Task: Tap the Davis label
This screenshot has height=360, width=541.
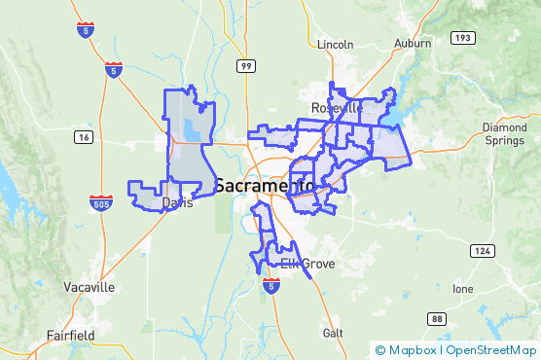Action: click(x=178, y=203)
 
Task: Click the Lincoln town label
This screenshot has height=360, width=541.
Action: click(x=337, y=44)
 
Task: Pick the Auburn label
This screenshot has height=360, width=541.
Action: click(x=413, y=44)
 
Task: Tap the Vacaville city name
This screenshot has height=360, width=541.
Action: click(x=89, y=288)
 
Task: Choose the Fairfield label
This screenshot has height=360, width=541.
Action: click(x=71, y=336)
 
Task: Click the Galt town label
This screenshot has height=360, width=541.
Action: click(x=334, y=332)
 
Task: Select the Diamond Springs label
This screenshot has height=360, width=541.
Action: click(x=505, y=134)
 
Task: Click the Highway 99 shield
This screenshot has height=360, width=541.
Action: click(x=248, y=65)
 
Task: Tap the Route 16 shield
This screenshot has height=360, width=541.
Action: click(x=85, y=137)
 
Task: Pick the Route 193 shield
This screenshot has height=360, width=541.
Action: click(x=460, y=38)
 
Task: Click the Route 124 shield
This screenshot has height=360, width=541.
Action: click(x=481, y=251)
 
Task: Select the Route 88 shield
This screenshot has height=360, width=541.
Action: click(x=437, y=318)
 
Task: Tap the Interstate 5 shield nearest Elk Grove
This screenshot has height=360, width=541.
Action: click(x=271, y=284)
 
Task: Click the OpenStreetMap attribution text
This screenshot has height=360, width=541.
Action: click(x=491, y=350)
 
